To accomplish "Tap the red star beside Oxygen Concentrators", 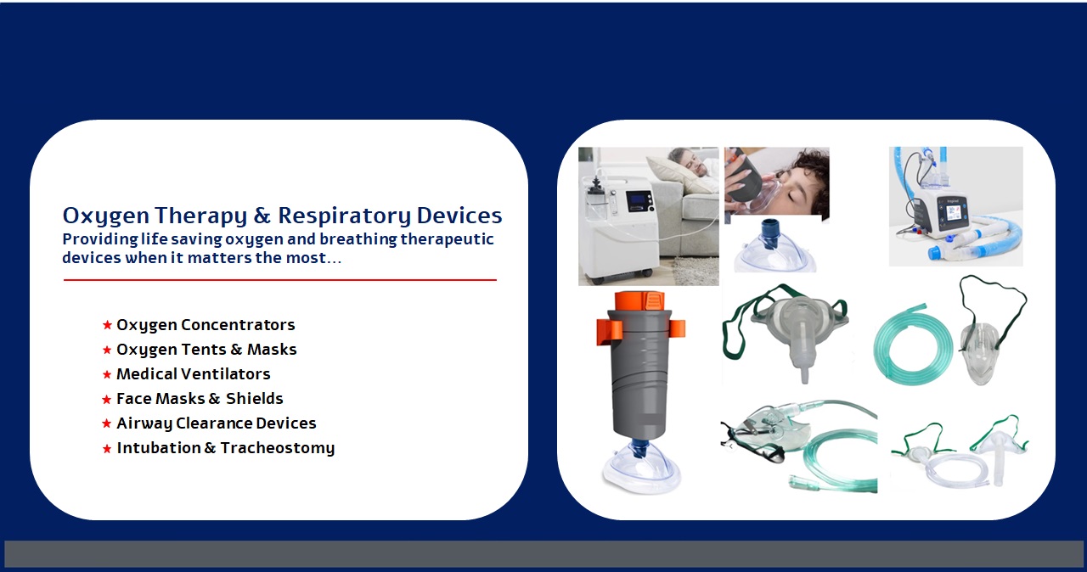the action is pyautogui.click(x=107, y=325).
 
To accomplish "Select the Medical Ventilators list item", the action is pyautogui.click(x=193, y=374).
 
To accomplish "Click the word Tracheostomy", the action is pyautogui.click(x=278, y=448).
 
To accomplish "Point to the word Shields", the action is pyautogui.click(x=254, y=399).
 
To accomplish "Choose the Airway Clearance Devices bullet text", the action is pyautogui.click(x=216, y=423).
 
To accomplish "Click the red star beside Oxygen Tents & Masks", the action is pyautogui.click(x=107, y=350).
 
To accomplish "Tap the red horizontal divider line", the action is pyautogui.click(x=280, y=280).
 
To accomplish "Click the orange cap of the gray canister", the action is pyautogui.click(x=639, y=301).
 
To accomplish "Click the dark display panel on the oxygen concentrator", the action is pyautogui.click(x=639, y=201).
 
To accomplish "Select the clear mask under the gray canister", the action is pyautogui.click(x=641, y=468).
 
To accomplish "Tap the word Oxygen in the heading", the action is pyautogui.click(x=106, y=216).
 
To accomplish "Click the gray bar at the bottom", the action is pyautogui.click(x=543, y=553).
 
